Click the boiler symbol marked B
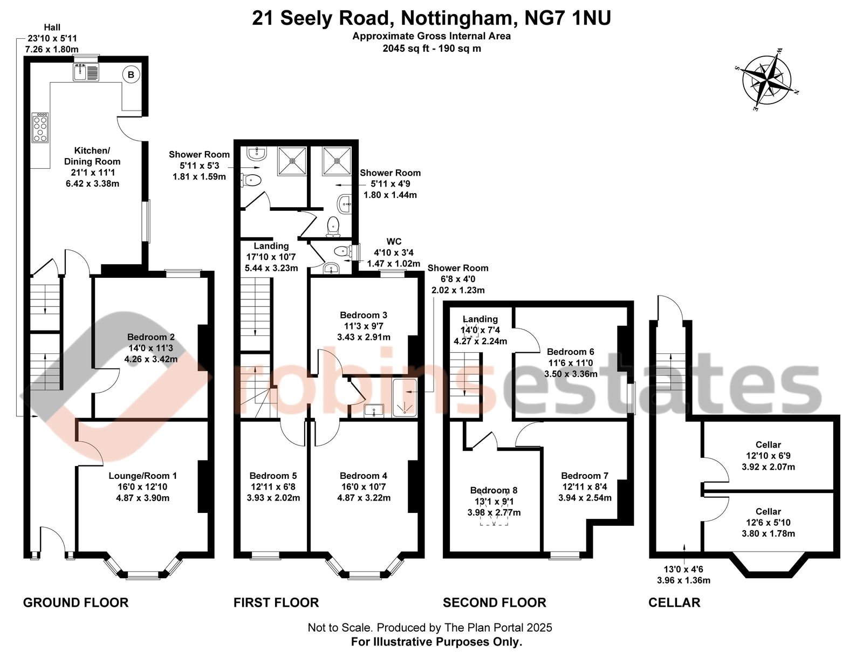pyautogui.click(x=131, y=74)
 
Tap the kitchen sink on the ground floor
pyautogui.click(x=86, y=72)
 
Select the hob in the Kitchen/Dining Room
pyautogui.click(x=40, y=128)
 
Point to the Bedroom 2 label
pyautogui.click(x=150, y=337)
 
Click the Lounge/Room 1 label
pyautogui.click(x=142, y=476)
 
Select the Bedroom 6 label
pyautogui.click(x=570, y=352)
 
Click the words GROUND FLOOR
pyautogui.click(x=76, y=602)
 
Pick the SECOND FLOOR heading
pyautogui.click(x=494, y=602)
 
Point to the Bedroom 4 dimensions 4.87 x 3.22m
pyautogui.click(x=364, y=498)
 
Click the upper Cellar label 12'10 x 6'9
pyautogui.click(x=768, y=456)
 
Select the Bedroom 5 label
pyautogui.click(x=273, y=476)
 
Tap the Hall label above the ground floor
pyautogui.click(x=52, y=27)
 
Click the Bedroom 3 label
pyautogui.click(x=364, y=315)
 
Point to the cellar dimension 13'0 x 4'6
pyautogui.click(x=683, y=569)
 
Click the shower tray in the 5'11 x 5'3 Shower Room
pyautogui.click(x=292, y=161)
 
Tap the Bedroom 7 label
pyautogui.click(x=584, y=476)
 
